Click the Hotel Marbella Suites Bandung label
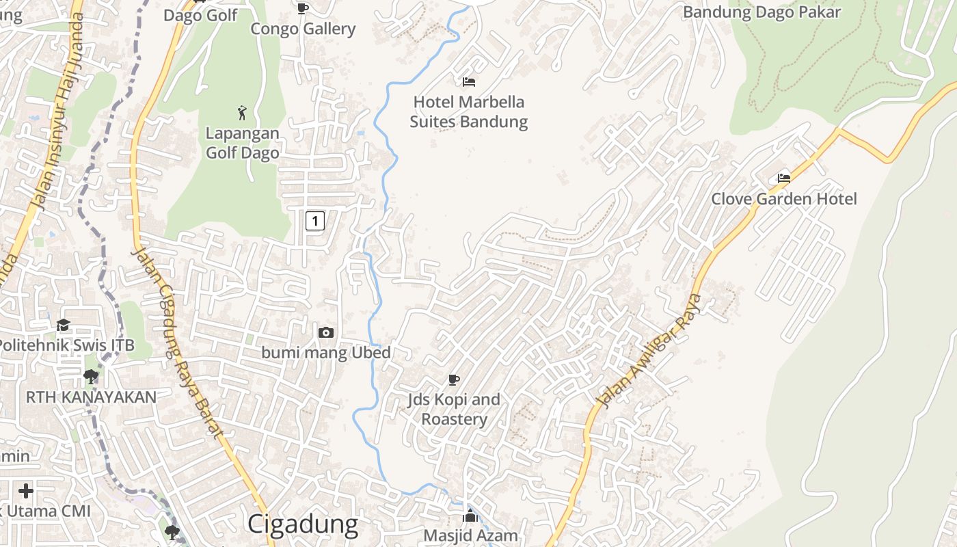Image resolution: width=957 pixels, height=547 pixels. point(469,112)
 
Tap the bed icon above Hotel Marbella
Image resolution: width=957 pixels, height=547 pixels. point(469,82)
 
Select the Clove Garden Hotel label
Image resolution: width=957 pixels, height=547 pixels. point(784,199)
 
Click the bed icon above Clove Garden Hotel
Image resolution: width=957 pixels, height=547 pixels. point(784,178)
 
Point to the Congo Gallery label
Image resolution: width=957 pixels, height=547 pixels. point(303,29)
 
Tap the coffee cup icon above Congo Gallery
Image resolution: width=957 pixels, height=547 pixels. point(303,8)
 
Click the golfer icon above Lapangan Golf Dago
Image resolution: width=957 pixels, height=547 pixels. point(242,113)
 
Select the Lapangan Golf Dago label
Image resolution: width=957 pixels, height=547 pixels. point(243,143)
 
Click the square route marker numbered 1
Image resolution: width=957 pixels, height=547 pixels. point(314,221)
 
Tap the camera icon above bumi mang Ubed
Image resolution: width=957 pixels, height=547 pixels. point(326,332)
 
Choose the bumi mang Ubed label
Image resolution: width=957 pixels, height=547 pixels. point(326,353)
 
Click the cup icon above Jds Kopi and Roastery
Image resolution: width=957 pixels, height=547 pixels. point(454,379)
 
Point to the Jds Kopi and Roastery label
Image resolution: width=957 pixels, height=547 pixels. point(454,409)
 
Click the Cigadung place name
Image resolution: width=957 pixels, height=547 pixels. point(302,524)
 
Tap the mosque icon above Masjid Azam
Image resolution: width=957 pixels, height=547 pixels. point(470,516)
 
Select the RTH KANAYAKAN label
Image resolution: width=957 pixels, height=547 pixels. point(91,397)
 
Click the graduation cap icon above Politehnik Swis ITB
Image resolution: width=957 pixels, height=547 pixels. point(64,325)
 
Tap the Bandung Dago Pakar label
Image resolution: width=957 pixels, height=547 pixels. point(761,12)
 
